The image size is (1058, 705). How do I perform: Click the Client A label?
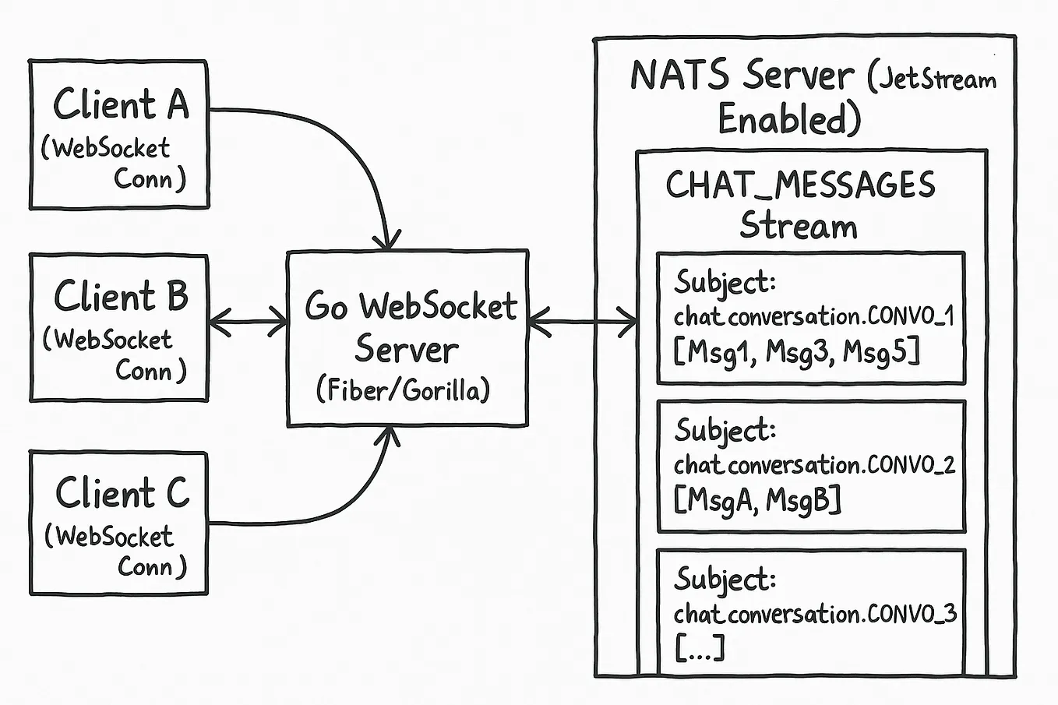(x=121, y=104)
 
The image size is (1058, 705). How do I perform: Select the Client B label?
(x=121, y=297)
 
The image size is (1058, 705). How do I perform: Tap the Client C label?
(x=122, y=493)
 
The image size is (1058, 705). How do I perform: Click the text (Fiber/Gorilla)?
(x=404, y=390)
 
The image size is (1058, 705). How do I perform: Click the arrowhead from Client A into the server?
(x=386, y=238)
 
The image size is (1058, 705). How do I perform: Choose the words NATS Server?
(x=742, y=76)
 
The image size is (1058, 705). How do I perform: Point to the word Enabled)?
(x=788, y=120)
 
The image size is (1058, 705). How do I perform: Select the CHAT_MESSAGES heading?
(x=800, y=185)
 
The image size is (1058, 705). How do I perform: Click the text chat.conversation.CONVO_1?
(x=814, y=317)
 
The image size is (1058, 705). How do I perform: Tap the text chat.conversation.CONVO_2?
(x=814, y=465)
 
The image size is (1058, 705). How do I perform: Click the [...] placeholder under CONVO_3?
(x=699, y=648)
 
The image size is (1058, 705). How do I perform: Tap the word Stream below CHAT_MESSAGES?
(x=799, y=226)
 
